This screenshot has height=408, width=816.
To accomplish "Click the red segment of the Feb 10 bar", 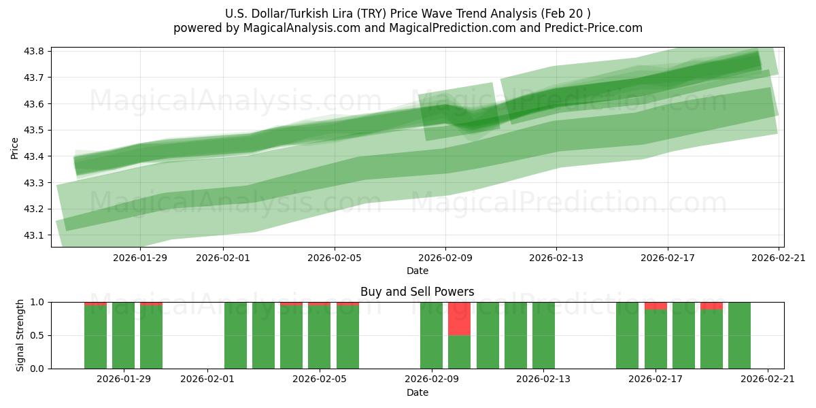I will [x=459, y=318].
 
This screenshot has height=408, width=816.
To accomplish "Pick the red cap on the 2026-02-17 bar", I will [x=656, y=305].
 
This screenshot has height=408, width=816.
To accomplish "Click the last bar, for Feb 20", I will [x=739, y=335].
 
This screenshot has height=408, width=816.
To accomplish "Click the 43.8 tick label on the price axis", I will [x=35, y=52].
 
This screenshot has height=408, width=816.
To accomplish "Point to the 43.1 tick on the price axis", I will [x=35, y=235].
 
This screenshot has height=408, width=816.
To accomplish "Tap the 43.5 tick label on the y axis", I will [x=35, y=131].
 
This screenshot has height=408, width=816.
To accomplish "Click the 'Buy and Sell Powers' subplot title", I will [x=417, y=292].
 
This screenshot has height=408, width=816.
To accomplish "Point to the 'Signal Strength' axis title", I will [x=20, y=335].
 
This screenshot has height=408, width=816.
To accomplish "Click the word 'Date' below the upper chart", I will [x=417, y=271].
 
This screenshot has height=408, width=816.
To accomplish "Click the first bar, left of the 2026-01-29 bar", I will [x=95, y=335].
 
